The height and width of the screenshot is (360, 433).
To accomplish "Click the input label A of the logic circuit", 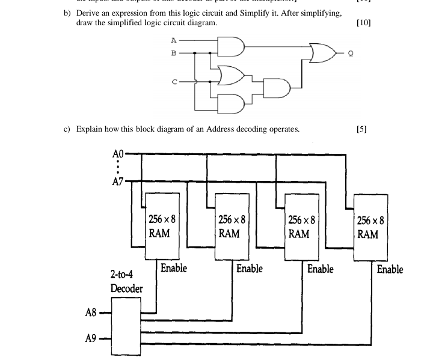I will (173, 40).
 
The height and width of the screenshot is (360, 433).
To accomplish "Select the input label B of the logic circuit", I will (173, 53).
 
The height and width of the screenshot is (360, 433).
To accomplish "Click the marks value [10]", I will (363, 23).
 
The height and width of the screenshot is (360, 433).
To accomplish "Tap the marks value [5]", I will (361, 129).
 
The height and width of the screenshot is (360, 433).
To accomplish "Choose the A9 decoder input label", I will (90, 338).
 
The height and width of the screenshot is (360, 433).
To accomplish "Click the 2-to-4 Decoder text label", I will (126, 282).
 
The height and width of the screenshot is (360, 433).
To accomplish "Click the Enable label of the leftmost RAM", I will (173, 268).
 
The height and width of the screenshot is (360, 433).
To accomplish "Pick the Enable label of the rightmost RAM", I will (390, 269).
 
